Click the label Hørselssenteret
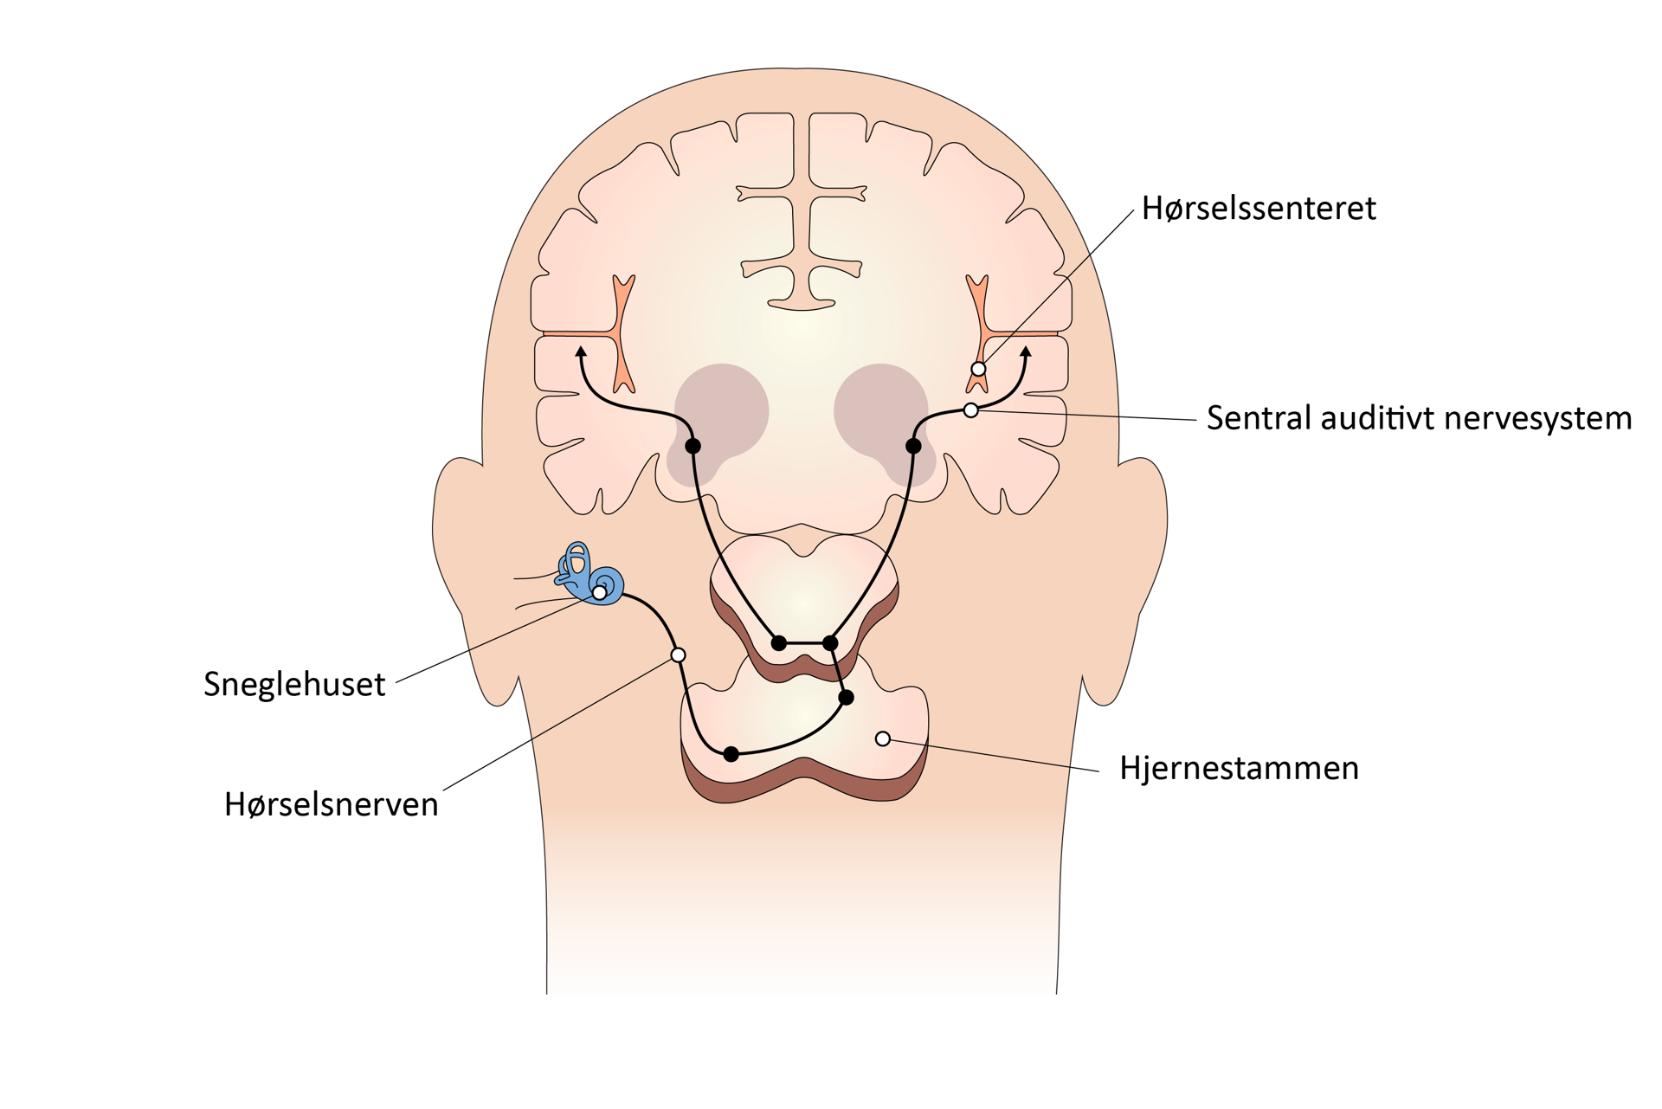pyautogui.click(x=1259, y=209)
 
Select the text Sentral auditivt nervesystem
pyautogui.click(x=1419, y=418)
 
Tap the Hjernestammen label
pyautogui.click(x=1239, y=769)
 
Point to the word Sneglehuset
pyautogui.click(x=294, y=685)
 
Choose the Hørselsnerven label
pyautogui.click(x=332, y=804)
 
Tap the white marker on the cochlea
pyautogui.click(x=599, y=593)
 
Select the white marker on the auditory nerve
pyautogui.click(x=679, y=655)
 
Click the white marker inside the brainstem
pyautogui.click(x=883, y=738)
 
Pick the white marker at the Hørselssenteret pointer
pyautogui.click(x=978, y=369)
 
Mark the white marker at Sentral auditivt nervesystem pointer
pyautogui.click(x=971, y=409)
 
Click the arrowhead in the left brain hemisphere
pyautogui.click(x=581, y=351)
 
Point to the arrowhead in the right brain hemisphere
pyautogui.click(x=1027, y=351)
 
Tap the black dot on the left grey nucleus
pyautogui.click(x=692, y=446)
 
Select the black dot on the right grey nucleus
pyautogui.click(x=913, y=446)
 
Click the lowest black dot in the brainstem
pyautogui.click(x=731, y=754)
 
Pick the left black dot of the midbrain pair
pyautogui.click(x=779, y=643)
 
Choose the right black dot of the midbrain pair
pyautogui.click(x=830, y=642)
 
